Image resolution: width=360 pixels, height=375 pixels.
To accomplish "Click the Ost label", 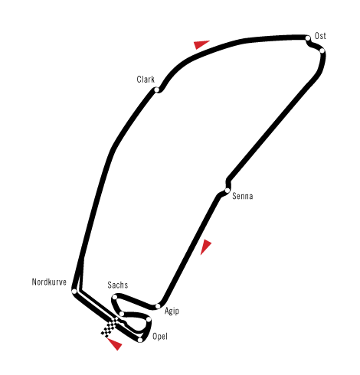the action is [x=320, y=36].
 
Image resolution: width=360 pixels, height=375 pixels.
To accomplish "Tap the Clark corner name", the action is [x=146, y=80].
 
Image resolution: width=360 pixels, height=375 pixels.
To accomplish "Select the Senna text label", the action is [x=243, y=196].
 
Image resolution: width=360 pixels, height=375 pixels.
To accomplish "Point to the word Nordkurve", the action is [x=49, y=282].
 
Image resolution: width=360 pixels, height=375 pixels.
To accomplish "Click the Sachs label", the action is [x=118, y=285].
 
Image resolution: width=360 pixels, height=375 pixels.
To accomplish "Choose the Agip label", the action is [x=172, y=311].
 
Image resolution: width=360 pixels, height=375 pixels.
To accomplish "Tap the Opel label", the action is [x=160, y=337].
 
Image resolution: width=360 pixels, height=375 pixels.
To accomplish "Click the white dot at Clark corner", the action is [x=157, y=90].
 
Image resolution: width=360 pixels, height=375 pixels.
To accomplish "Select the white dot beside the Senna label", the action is [x=227, y=191].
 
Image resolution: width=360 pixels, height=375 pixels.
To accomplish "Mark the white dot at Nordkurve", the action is [x=74, y=292].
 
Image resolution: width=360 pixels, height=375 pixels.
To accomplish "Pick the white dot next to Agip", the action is [x=158, y=306].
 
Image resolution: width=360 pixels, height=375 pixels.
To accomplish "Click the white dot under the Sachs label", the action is [x=115, y=297].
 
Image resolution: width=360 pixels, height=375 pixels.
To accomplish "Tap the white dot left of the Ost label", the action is [x=308, y=38].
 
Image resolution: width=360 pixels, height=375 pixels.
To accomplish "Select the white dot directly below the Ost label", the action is [x=322, y=51].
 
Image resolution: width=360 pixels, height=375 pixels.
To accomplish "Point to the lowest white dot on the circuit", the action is [x=140, y=340].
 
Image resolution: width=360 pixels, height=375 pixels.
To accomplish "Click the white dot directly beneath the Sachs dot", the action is [x=122, y=314].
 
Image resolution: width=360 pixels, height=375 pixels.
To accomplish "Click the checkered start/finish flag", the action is [x=110, y=327].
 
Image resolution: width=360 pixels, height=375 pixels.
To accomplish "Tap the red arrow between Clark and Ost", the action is [x=201, y=44].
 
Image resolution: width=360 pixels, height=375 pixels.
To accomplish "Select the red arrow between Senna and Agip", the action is [x=205, y=246].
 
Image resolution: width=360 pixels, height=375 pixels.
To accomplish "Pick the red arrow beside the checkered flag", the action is [x=115, y=344].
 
